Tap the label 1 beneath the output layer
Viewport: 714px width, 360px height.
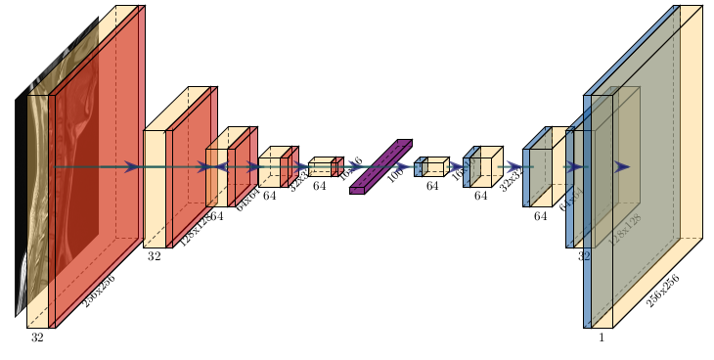[x=602, y=337]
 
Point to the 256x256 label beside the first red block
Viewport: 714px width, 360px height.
[x=99, y=291]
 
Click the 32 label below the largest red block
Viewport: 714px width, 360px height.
[x=37, y=337]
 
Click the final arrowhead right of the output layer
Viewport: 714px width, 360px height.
[x=622, y=167]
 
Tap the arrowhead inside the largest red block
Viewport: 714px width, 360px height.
[x=131, y=167]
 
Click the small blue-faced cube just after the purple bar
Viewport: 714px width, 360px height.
[x=419, y=168]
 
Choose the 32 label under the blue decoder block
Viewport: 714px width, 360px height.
[x=584, y=256]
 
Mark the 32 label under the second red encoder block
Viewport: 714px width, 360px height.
[x=154, y=256]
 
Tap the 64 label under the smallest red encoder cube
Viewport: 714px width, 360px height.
[x=320, y=185]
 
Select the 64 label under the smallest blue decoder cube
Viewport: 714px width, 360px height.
[x=432, y=185]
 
